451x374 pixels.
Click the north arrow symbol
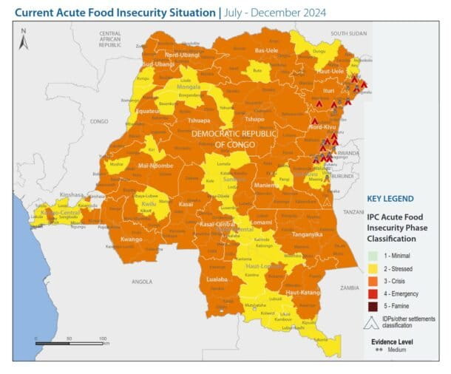coord(24,38)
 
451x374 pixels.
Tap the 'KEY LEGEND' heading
coord(390,199)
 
